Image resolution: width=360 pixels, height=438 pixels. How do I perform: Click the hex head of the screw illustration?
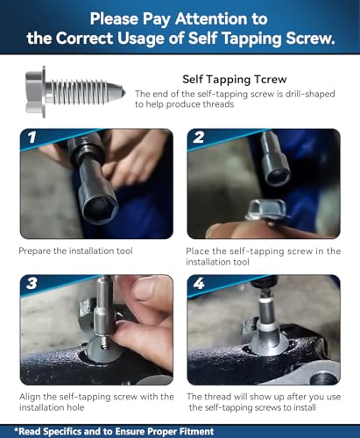[x=35, y=92]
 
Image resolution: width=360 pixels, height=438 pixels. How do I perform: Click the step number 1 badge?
[x=32, y=138]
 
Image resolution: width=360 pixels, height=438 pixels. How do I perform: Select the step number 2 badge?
[x=198, y=138]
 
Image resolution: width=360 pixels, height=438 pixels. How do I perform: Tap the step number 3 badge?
[x=32, y=283]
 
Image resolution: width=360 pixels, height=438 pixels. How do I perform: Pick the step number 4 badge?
[x=199, y=283]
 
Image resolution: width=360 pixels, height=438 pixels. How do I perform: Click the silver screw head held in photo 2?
[x=265, y=209]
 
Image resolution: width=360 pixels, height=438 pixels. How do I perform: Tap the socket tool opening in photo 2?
[x=278, y=176]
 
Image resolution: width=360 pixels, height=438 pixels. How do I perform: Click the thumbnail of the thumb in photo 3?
[x=144, y=288]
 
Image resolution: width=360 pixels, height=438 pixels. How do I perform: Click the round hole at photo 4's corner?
[x=323, y=379]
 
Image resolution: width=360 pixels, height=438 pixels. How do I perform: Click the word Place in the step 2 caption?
[x=198, y=251]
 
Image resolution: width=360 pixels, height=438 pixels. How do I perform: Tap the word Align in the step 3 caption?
[x=30, y=397]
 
